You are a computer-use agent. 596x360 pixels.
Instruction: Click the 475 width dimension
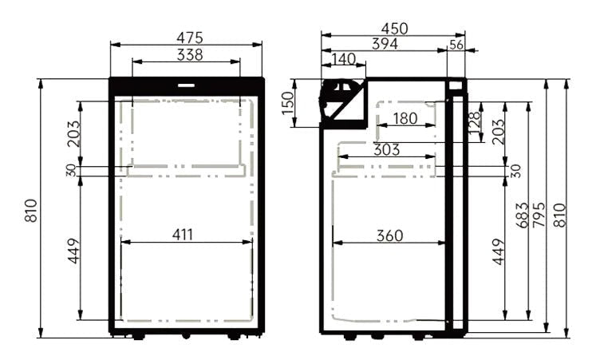[190, 37]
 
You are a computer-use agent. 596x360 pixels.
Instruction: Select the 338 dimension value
[190, 54]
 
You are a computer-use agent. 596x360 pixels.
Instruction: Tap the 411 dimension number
[183, 235]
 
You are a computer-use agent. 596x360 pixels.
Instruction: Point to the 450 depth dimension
[394, 29]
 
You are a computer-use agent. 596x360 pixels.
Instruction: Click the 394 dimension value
[385, 44]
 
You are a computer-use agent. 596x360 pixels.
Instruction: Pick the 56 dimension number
[456, 45]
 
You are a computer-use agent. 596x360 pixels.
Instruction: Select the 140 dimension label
[343, 59]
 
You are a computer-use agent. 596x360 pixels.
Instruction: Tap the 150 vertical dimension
[289, 102]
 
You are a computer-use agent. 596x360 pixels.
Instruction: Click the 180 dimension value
[405, 119]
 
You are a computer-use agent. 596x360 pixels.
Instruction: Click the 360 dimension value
[389, 235]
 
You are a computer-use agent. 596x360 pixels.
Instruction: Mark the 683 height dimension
[523, 216]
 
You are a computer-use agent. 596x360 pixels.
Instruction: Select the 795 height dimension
[541, 216]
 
